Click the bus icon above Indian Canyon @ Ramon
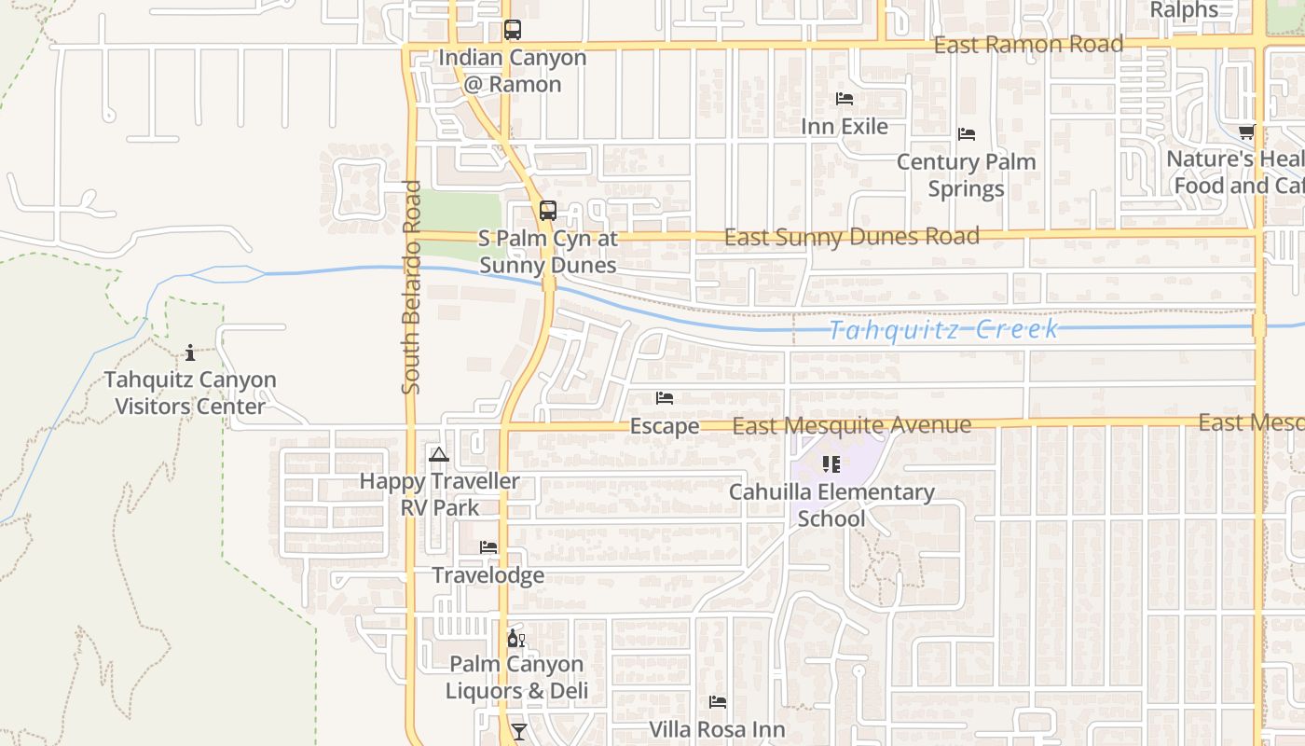point(513,30)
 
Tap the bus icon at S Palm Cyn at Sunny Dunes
point(548,211)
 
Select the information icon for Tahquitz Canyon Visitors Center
point(190,352)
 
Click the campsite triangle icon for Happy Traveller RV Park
point(439,454)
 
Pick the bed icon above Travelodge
point(488,547)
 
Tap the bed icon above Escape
point(665,398)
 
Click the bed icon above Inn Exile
point(845,98)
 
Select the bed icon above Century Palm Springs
point(967,134)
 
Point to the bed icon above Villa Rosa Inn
point(717,702)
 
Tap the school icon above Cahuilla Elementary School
point(831,463)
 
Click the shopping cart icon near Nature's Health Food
point(1247,131)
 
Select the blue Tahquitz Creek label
point(943,330)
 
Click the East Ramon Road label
point(1028,45)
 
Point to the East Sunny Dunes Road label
point(851,237)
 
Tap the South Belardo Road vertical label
point(413,287)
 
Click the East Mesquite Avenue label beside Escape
point(852,425)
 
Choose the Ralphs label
point(1184,10)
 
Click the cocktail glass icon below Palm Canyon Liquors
point(519,731)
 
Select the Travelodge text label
point(488,574)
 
